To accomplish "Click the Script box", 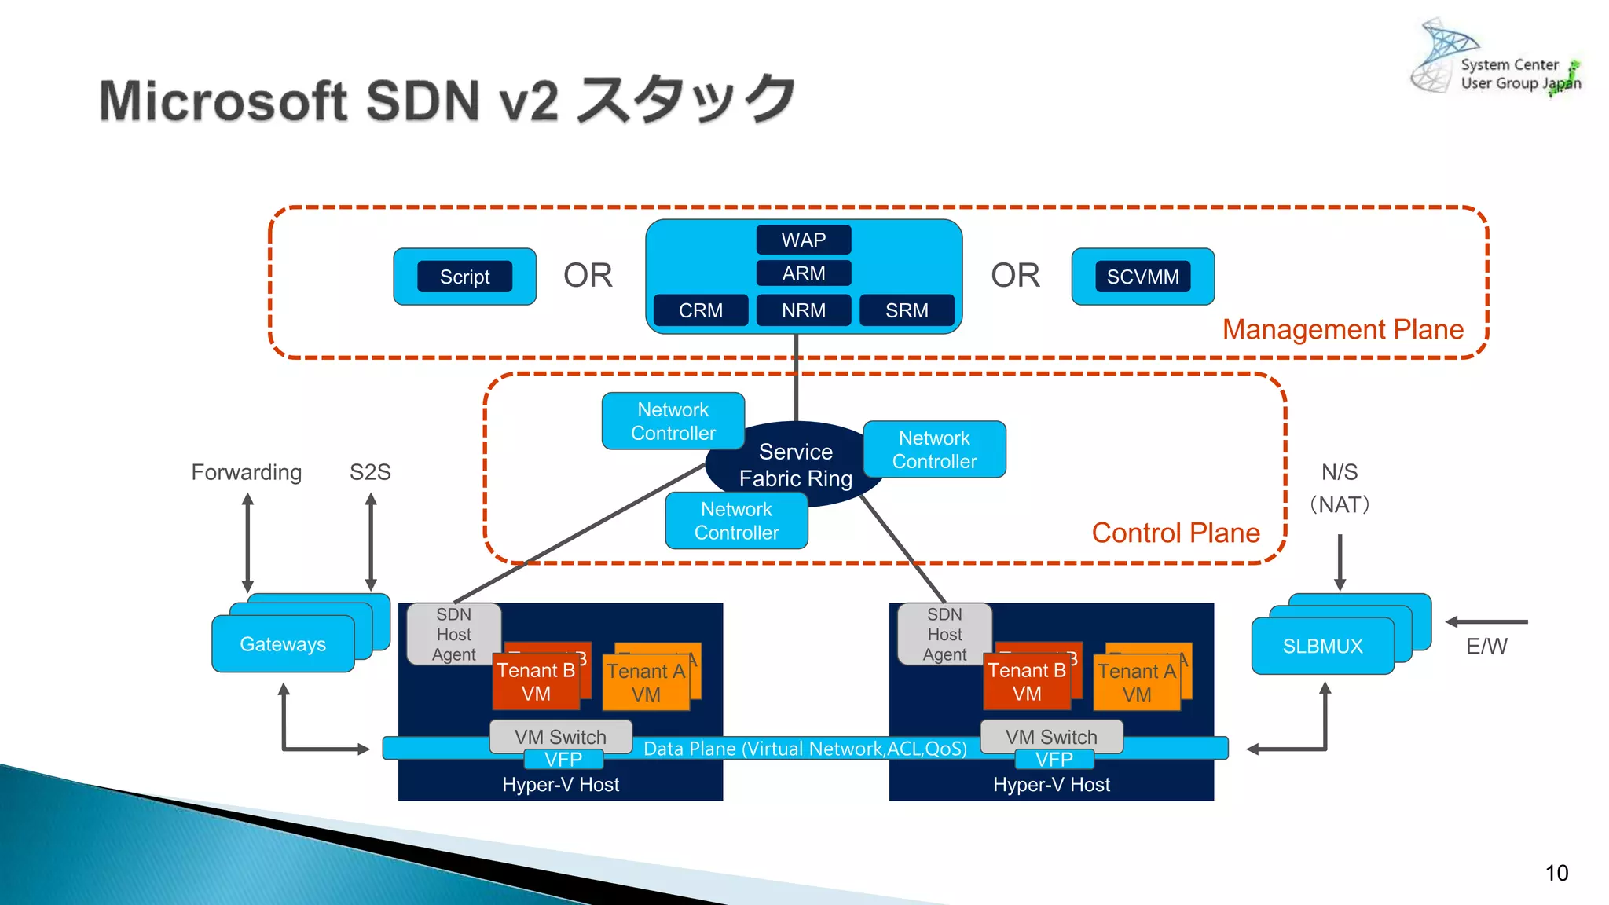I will click(x=464, y=277).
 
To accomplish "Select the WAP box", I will click(x=803, y=240).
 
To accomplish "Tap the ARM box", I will click(x=803, y=273).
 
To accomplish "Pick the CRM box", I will click(x=700, y=310).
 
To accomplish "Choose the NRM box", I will click(x=803, y=310).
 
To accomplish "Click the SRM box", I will click(x=907, y=310).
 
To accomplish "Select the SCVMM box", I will click(x=1142, y=277).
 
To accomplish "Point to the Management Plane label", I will click(x=1343, y=329).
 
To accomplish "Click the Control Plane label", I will click(x=1175, y=533).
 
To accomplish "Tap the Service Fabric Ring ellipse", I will click(x=795, y=464).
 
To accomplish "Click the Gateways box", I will click(x=283, y=644).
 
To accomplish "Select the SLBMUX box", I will click(x=1322, y=646).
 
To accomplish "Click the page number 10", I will click(x=1556, y=873).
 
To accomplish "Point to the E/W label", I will click(x=1486, y=646).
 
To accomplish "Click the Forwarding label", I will click(x=246, y=472).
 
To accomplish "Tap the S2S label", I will click(x=370, y=472).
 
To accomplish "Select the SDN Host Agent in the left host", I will click(x=453, y=634).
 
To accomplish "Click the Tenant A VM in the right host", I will click(x=1136, y=682).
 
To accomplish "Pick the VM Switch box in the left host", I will click(x=560, y=736).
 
